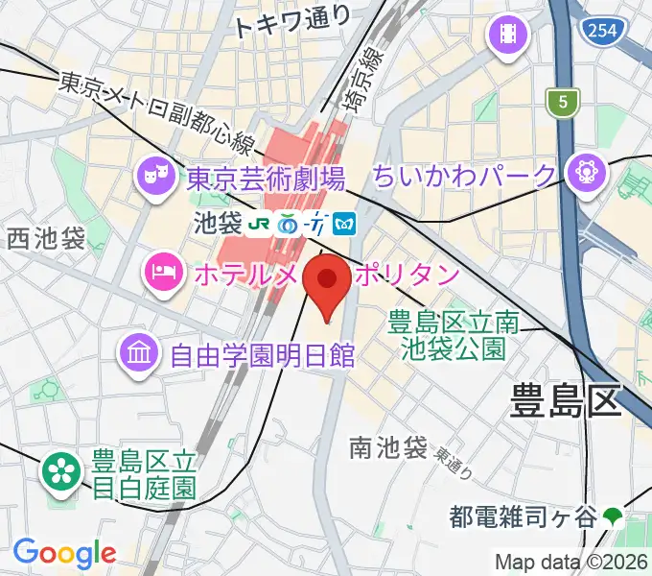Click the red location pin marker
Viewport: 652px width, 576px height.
click(x=328, y=284)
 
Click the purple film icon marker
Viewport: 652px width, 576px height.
click(x=508, y=36)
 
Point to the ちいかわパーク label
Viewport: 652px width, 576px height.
click(x=464, y=177)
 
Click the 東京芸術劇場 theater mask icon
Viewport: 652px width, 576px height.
click(x=153, y=175)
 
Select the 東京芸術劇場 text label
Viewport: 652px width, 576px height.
click(x=266, y=178)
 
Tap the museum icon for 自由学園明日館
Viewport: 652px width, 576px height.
click(x=139, y=353)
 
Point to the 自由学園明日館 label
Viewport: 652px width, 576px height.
click(x=262, y=357)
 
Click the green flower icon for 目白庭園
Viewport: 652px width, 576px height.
click(x=59, y=469)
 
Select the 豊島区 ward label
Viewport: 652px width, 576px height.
click(x=565, y=397)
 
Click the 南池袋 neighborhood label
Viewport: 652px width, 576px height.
click(x=387, y=446)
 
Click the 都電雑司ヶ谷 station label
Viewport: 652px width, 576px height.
click(x=523, y=517)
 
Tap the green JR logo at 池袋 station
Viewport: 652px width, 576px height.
click(x=259, y=225)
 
